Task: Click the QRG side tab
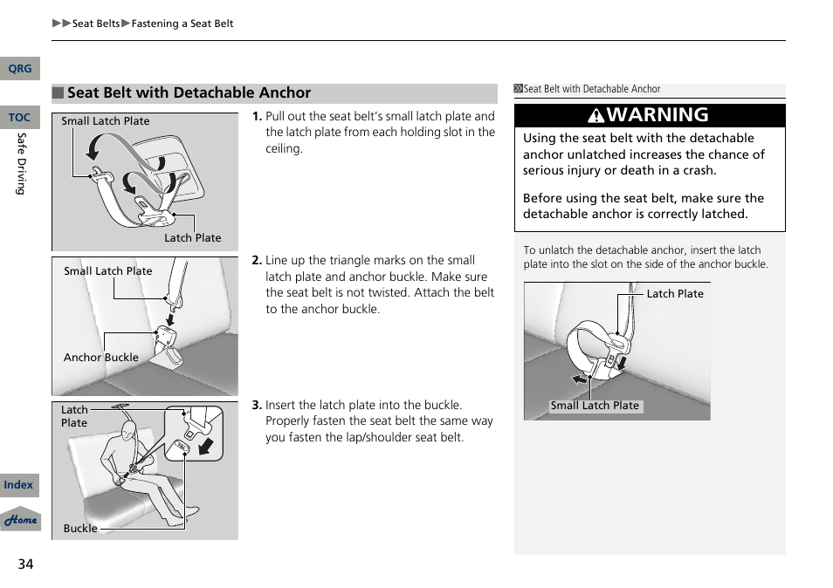[x=19, y=69]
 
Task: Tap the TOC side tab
[x=19, y=118]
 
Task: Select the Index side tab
[x=18, y=485]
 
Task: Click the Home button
[x=20, y=520]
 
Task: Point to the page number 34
[x=25, y=564]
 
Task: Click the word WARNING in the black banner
[x=657, y=115]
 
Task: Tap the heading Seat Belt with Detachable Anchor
[x=189, y=93]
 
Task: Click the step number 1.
[x=257, y=117]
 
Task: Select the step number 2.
[x=257, y=261]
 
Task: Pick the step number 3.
[x=257, y=406]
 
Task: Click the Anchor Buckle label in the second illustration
[x=100, y=358]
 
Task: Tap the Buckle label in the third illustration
[x=80, y=529]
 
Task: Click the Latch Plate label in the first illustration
[x=192, y=238]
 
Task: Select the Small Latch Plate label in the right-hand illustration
[x=595, y=406]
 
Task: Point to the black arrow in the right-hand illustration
[x=580, y=379]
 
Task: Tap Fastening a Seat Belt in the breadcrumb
[x=182, y=24]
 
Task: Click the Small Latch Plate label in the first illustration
[x=106, y=121]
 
